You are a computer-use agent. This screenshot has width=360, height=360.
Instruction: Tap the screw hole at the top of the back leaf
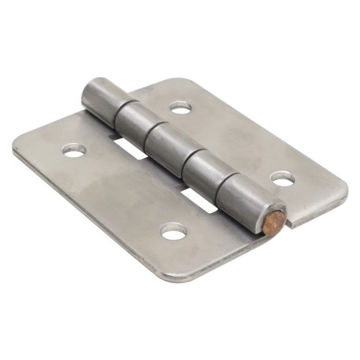(181, 106)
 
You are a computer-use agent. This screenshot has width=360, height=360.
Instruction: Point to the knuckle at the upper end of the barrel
(101, 98)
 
